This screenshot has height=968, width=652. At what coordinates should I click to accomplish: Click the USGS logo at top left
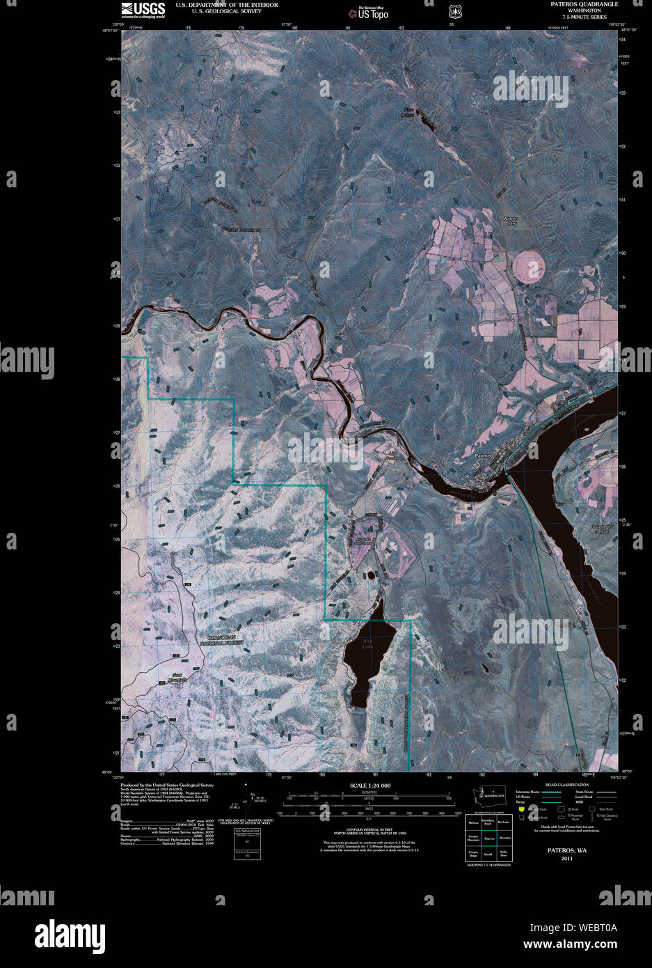tap(143, 9)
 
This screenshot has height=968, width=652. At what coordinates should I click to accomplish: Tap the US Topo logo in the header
tap(368, 12)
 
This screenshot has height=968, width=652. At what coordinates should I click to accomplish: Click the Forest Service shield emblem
tap(454, 11)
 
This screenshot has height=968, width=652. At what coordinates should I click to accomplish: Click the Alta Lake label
tap(367, 644)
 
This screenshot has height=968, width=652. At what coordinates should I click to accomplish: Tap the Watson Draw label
tap(511, 221)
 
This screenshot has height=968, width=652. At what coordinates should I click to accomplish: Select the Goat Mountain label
tap(181, 676)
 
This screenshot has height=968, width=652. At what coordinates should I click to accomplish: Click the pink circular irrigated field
tap(529, 265)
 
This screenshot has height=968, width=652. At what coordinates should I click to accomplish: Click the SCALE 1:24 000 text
tap(369, 786)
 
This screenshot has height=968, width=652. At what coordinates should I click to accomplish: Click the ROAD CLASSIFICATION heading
tap(567, 785)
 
